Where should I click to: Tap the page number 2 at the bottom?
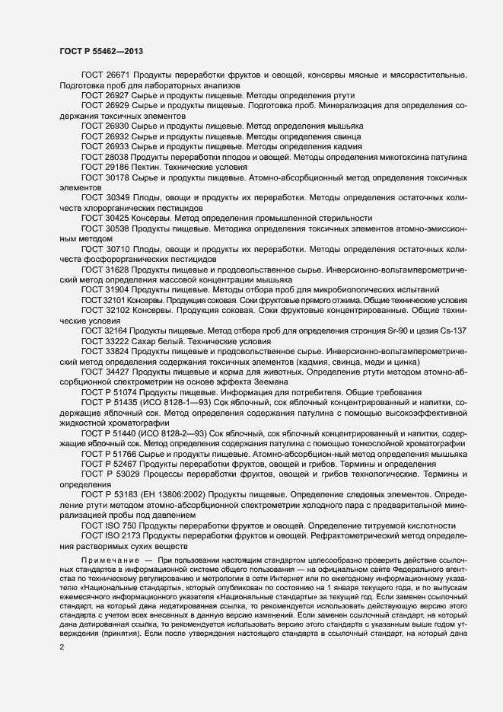pyautogui.click(x=62, y=647)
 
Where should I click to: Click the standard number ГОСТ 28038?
pyautogui.click(x=104, y=155)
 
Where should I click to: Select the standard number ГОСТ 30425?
pyautogui.click(x=104, y=216)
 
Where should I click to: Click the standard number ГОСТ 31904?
pyautogui.click(x=104, y=289)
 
